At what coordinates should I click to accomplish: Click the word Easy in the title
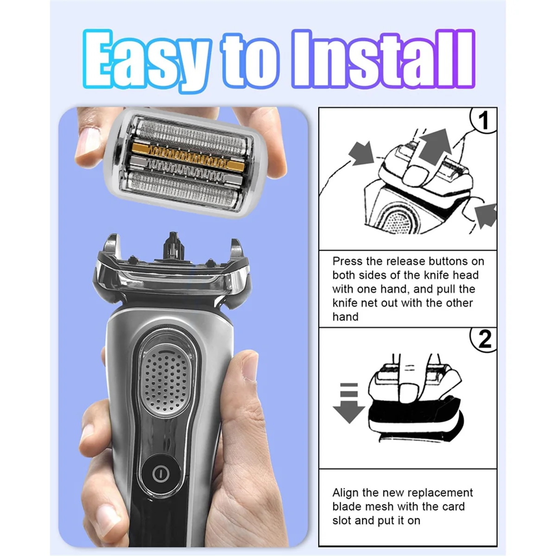pyautogui.click(x=146, y=60)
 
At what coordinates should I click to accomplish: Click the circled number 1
pyautogui.click(x=484, y=120)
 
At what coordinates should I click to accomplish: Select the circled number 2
pyautogui.click(x=484, y=340)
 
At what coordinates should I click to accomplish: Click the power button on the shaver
pyautogui.click(x=159, y=473)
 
